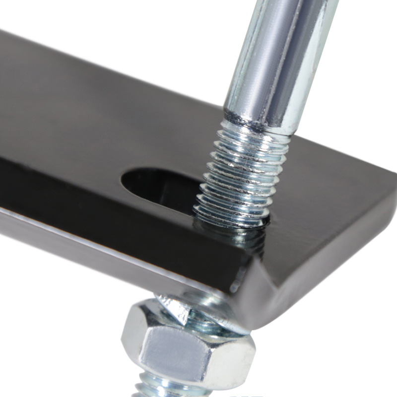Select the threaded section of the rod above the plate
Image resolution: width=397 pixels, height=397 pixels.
[x=243, y=169]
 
